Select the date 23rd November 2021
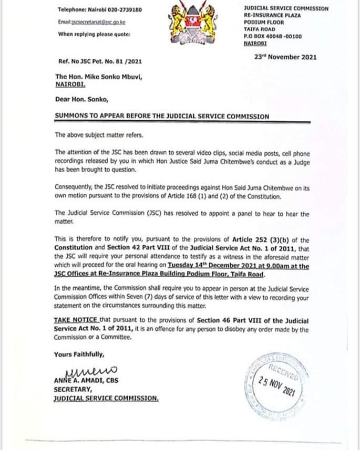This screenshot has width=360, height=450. (285, 57)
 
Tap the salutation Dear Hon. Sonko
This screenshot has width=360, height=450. (80, 98)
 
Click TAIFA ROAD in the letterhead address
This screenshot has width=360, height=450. (261, 30)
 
